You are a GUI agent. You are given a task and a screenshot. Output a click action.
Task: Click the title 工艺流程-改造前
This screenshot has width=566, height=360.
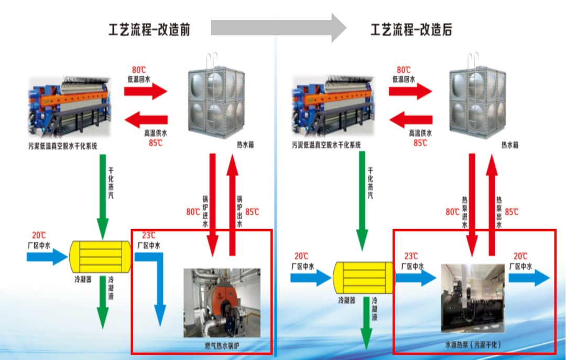(x=149, y=30)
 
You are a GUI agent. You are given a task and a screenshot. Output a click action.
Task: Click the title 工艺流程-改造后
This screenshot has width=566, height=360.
(x=411, y=30)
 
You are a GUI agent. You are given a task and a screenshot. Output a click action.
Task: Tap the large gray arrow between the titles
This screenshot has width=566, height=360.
(x=278, y=28)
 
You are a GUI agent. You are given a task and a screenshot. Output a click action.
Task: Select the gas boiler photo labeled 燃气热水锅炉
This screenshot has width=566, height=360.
(x=222, y=302)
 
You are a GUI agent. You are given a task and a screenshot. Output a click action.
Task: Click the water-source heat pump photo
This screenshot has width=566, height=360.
(x=473, y=298)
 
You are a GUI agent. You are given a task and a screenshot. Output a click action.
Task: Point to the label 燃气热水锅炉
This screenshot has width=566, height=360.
(x=222, y=346)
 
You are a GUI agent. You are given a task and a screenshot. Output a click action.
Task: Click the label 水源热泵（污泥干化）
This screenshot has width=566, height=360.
(x=473, y=344)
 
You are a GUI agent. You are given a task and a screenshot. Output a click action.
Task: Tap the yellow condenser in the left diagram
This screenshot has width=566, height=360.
(x=100, y=257)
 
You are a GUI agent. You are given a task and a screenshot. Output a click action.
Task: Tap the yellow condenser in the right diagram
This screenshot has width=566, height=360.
(x=363, y=278)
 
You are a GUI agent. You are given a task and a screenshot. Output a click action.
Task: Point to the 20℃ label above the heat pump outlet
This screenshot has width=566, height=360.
(x=520, y=256)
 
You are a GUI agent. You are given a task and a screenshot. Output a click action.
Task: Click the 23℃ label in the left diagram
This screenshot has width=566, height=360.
(x=149, y=235)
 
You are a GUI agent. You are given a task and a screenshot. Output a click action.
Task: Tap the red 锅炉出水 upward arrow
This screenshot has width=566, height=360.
(x=232, y=205)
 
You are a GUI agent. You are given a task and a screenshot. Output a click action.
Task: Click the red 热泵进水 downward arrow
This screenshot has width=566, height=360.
(x=472, y=205)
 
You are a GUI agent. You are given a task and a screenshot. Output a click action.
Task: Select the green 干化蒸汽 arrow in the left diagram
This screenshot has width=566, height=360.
(x=103, y=197)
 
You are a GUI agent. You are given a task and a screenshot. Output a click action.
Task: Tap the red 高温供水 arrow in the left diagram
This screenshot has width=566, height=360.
(x=146, y=119)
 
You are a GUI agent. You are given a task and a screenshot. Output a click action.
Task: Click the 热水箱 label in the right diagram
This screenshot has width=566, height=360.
(x=510, y=145)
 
